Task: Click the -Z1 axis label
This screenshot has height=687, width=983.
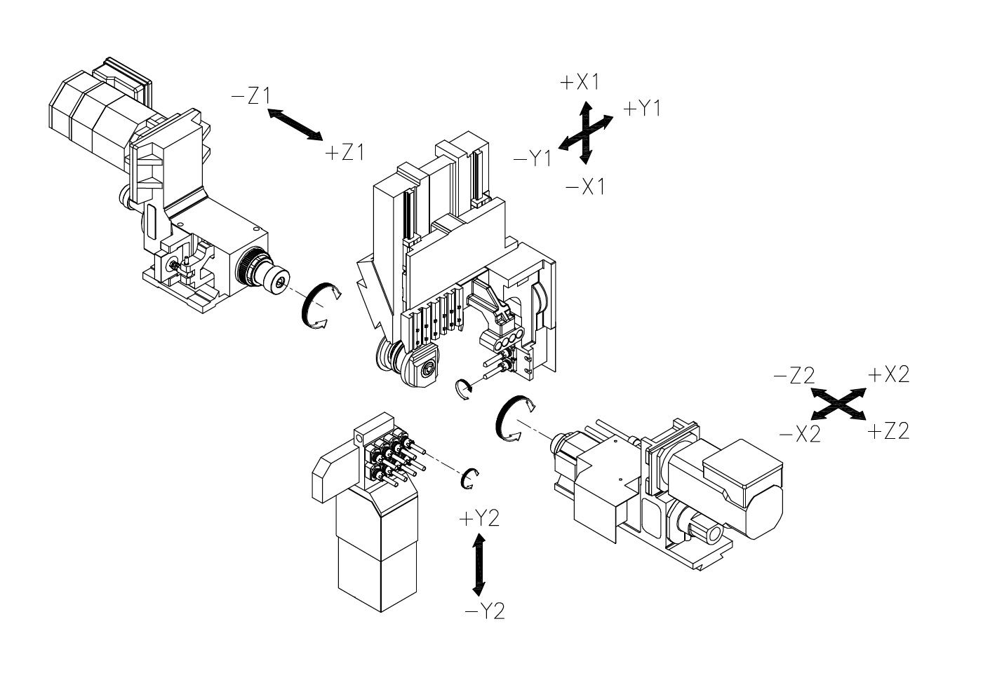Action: pyautogui.click(x=250, y=96)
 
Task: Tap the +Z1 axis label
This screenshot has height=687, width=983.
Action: pyautogui.click(x=345, y=153)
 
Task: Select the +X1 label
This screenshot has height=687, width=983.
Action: pyautogui.click(x=580, y=82)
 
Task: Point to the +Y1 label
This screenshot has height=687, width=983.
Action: pyautogui.click(x=642, y=108)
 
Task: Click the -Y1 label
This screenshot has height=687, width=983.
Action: pyautogui.click(x=533, y=158)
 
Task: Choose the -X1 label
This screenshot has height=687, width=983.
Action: pyautogui.click(x=585, y=187)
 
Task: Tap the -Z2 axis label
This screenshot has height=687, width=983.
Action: pyautogui.click(x=794, y=375)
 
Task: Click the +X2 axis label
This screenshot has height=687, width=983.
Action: pyautogui.click(x=889, y=374)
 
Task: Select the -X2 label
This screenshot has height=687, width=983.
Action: pyautogui.click(x=800, y=434)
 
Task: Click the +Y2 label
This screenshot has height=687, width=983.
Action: pyautogui.click(x=479, y=519)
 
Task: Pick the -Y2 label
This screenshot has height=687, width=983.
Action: pyautogui.click(x=484, y=611)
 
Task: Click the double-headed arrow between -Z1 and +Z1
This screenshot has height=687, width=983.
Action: pyautogui.click(x=295, y=125)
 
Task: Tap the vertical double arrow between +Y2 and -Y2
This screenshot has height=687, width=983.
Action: pyautogui.click(x=479, y=565)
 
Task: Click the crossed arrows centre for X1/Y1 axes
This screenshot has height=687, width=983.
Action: pyautogui.click(x=586, y=132)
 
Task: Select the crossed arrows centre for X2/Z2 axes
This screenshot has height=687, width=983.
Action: pyautogui.click(x=838, y=404)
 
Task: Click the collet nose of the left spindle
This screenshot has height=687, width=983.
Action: pyautogui.click(x=278, y=279)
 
